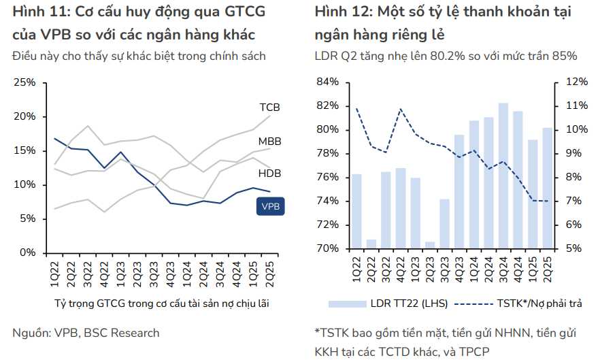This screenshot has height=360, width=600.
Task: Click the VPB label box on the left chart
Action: (270, 205)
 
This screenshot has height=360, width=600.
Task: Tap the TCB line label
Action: (269, 108)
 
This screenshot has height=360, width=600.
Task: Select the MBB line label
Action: (269, 142)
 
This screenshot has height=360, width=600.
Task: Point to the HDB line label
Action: (269, 174)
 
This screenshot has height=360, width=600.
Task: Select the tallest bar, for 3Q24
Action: (503, 176)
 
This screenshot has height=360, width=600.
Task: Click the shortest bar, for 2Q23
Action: (430, 245)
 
